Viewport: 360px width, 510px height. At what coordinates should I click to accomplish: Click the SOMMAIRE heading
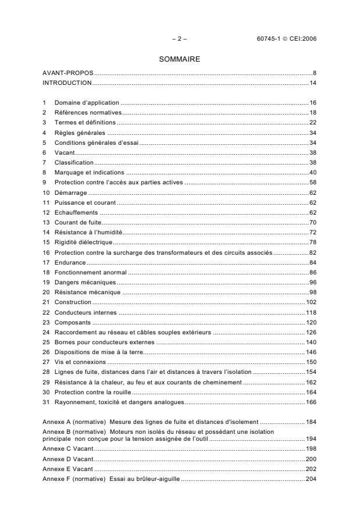(x=179, y=59)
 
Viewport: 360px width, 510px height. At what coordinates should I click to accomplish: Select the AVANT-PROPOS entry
(x=69, y=74)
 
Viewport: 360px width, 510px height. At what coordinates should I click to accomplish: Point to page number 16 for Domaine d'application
(x=312, y=102)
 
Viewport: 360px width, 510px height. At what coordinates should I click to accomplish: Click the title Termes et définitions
(x=85, y=122)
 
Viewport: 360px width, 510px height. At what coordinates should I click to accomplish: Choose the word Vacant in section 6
(x=65, y=152)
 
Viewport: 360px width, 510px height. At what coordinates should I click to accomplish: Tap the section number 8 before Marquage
(x=45, y=172)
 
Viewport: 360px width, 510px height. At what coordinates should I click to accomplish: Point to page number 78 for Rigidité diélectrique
(x=312, y=242)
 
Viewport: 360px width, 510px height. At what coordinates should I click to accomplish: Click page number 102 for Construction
(x=311, y=302)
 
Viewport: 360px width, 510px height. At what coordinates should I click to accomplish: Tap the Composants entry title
(x=73, y=322)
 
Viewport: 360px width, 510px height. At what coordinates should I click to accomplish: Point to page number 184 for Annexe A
(x=311, y=420)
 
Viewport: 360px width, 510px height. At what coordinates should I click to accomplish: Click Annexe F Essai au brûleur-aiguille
(x=111, y=478)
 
